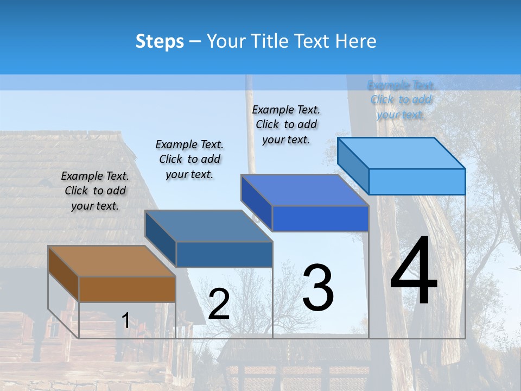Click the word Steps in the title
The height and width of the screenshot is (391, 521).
(x=160, y=41)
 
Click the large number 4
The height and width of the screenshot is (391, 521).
(x=414, y=272)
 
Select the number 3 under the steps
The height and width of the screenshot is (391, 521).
(x=318, y=288)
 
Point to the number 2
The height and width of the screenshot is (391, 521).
(x=219, y=304)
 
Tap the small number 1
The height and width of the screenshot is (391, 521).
(x=125, y=320)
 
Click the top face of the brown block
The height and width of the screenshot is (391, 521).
(x=111, y=261)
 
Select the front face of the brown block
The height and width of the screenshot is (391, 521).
(x=128, y=289)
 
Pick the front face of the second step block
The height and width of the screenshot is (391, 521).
(x=224, y=254)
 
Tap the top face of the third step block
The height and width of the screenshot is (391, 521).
(x=304, y=190)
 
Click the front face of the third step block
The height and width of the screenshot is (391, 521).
(x=320, y=219)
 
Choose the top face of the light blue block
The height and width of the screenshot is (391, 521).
(x=401, y=153)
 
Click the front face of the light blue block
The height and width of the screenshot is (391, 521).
(x=417, y=181)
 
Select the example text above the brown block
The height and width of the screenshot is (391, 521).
(x=95, y=191)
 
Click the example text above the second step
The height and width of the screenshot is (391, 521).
(x=189, y=159)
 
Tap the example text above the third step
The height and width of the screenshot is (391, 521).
(x=286, y=124)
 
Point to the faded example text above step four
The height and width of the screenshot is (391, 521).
(x=401, y=100)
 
